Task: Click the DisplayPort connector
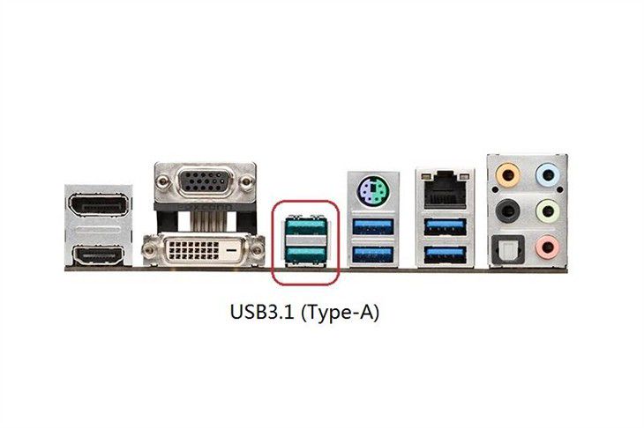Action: pyautogui.click(x=98, y=204)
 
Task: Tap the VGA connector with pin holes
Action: pyautogui.click(x=205, y=181)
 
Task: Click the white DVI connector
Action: pyautogui.click(x=203, y=250)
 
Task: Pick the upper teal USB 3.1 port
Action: pyautogui.click(x=305, y=226)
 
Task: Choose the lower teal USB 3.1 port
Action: pyautogui.click(x=305, y=254)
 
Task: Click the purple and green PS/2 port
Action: pyautogui.click(x=373, y=190)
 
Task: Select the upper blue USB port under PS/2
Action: pyautogui.click(x=373, y=226)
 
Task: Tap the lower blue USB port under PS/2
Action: pyautogui.click(x=373, y=255)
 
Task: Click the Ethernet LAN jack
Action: pyautogui.click(x=445, y=189)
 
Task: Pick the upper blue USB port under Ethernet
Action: pyautogui.click(x=446, y=226)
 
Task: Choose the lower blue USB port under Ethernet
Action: pyautogui.click(x=446, y=255)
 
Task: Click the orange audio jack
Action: pyautogui.click(x=507, y=175)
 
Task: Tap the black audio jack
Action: pyautogui.click(x=507, y=210)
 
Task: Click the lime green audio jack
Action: pyautogui.click(x=548, y=210)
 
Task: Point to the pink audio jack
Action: pyautogui.click(x=548, y=247)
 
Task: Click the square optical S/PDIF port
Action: pyautogui.click(x=507, y=247)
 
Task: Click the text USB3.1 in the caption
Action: pyautogui.click(x=262, y=313)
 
